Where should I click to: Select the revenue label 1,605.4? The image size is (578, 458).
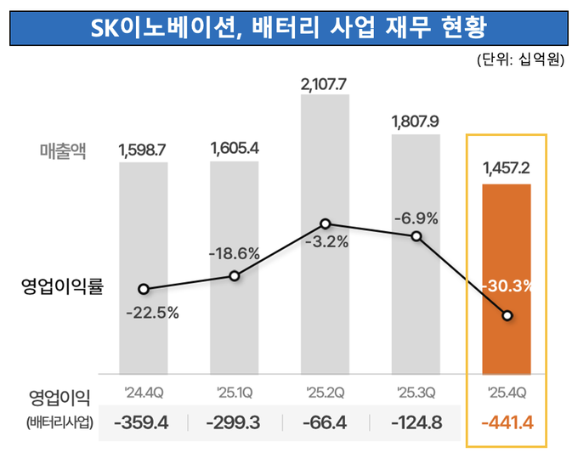click(234, 150)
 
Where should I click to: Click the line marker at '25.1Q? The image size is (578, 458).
click(235, 275)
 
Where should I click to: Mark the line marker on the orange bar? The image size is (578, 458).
click(507, 316)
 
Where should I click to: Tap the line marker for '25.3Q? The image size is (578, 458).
click(416, 235)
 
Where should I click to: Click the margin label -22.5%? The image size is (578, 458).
click(152, 313)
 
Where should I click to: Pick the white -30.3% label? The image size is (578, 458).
click(507, 286)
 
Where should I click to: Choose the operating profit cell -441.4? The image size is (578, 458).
click(507, 422)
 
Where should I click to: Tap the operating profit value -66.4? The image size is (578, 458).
click(325, 422)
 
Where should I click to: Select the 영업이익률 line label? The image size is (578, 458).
click(61, 286)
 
